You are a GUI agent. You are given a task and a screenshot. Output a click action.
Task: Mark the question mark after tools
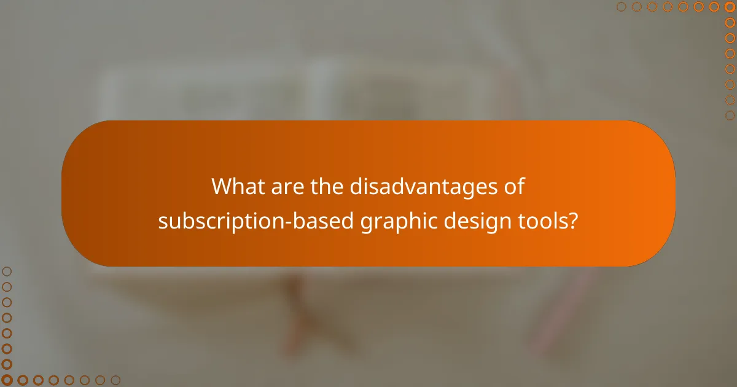pos(574,221)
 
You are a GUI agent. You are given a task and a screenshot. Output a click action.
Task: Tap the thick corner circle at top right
pos(730,7)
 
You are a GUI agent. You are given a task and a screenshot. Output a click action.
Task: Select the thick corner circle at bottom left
pos(7,380)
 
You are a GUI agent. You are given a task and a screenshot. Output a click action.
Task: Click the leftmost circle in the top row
pos(622,7)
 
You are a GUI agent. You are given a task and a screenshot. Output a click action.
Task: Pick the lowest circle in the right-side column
pos(730,115)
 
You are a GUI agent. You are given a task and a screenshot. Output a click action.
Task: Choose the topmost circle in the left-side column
pos(7,271)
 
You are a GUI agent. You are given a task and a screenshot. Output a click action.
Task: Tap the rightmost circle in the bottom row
pos(115,380)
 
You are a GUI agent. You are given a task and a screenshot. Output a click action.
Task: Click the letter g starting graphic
pos(366,222)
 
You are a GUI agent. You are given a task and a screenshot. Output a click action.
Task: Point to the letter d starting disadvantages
pos(356,187)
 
